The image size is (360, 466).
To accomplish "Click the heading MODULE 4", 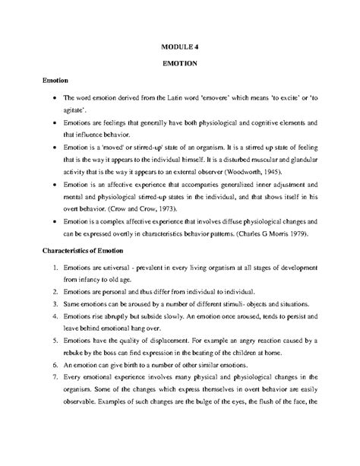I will coord(180,46).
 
